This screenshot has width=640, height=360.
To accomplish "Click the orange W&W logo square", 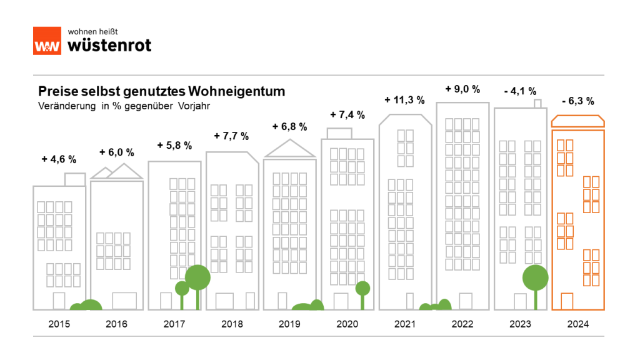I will [47, 41].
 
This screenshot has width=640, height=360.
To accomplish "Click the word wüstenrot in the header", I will [108, 44].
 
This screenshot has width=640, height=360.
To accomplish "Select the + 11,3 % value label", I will [404, 99].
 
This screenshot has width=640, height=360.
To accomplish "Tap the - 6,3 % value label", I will [577, 101].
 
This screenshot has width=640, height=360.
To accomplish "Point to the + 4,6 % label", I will [59, 159].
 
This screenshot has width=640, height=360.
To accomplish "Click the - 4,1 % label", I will [519, 91].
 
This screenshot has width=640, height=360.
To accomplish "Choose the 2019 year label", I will [289, 324].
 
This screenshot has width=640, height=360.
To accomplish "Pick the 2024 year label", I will [577, 324].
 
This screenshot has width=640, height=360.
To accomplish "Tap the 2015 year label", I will [59, 324].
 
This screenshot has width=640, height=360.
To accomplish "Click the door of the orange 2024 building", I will [567, 301].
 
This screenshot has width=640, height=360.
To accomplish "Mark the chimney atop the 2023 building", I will [537, 103].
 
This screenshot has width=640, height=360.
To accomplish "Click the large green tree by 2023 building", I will [536, 277].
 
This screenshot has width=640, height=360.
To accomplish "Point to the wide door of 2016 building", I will [124, 301].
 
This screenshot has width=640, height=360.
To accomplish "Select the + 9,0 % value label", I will [462, 89].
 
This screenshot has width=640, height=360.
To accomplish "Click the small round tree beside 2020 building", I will [362, 289].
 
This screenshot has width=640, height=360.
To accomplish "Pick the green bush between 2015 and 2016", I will [86, 306].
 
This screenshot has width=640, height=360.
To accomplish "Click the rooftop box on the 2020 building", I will [340, 133].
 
